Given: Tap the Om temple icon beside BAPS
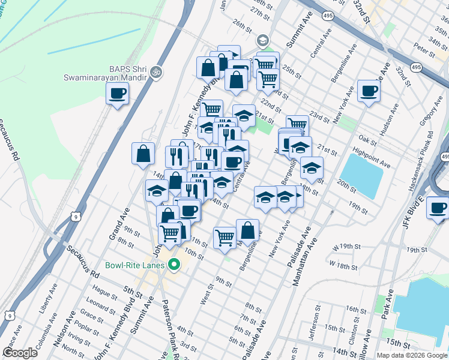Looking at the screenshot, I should (x=155, y=71).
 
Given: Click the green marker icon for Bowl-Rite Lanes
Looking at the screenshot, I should (x=175, y=265).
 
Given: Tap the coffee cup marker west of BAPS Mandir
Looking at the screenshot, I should (x=117, y=94).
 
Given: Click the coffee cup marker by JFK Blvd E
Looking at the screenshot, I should (x=438, y=208).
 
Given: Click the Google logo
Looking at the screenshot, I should (x=20, y=353).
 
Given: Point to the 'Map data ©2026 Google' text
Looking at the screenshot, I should (x=412, y=355).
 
